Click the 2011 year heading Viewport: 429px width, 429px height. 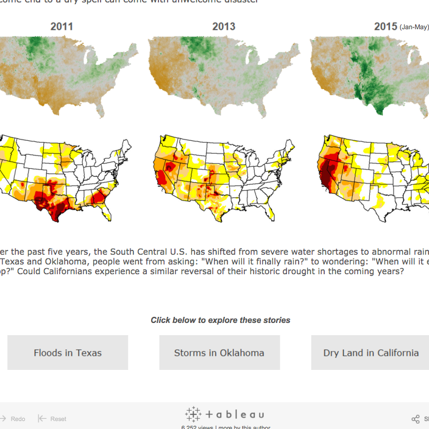point(62,27)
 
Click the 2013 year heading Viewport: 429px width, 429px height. point(224,27)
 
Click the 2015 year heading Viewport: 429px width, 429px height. point(385,27)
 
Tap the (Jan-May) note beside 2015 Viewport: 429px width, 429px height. point(414,27)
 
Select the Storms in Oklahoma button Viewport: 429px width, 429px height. point(219,353)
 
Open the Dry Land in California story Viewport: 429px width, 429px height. point(370,353)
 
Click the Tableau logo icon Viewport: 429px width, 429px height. point(193,414)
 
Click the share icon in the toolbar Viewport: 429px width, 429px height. point(416,419)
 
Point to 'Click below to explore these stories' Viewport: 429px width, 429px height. point(221,320)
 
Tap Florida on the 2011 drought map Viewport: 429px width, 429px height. point(107,211)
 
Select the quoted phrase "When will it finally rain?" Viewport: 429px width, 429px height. point(244,261)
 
